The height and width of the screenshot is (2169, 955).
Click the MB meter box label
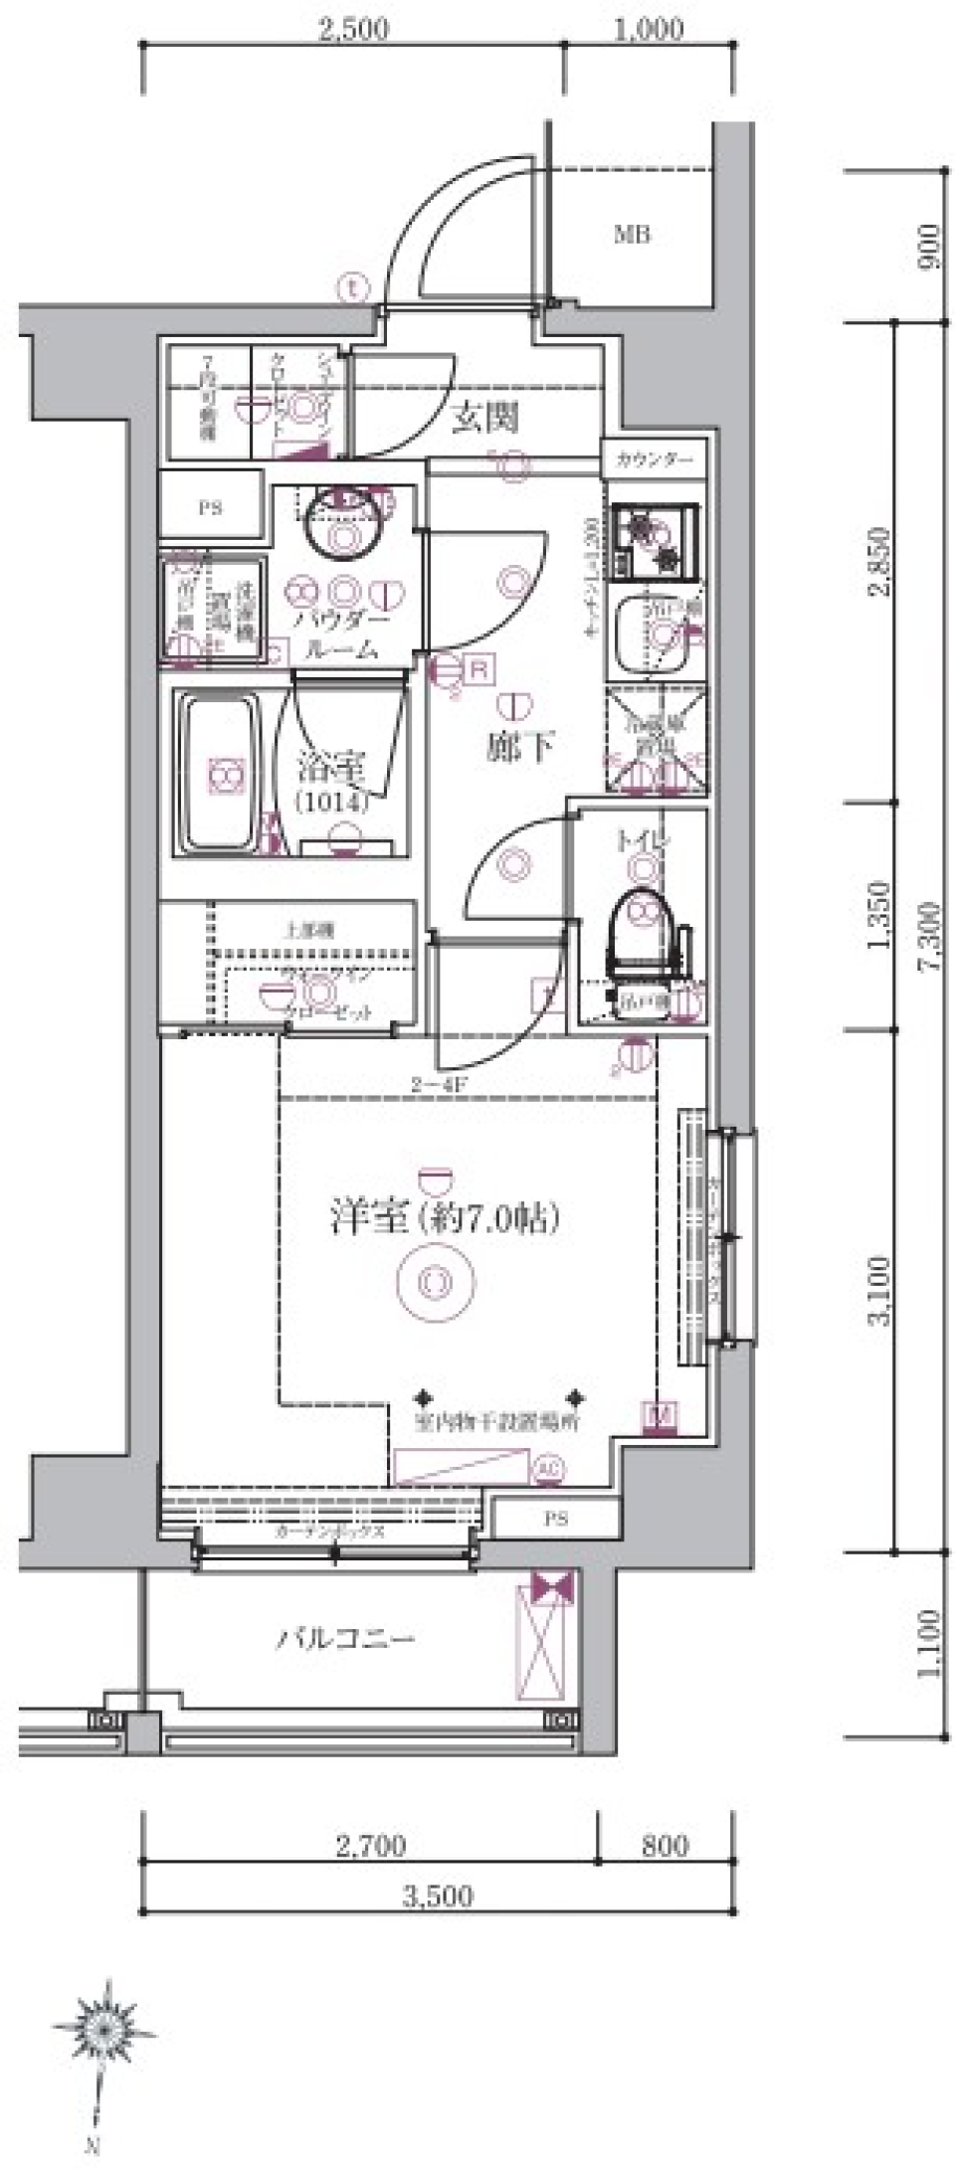[632, 236]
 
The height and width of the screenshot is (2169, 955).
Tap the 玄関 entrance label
[484, 419]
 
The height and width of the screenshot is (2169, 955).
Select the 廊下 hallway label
[519, 746]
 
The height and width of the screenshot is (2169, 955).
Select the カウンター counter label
[655, 459]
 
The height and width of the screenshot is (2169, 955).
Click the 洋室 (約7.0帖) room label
[444, 1218]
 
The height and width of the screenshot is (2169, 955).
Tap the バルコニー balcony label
[344, 1638]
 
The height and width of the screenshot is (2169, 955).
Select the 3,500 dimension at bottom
[438, 1897]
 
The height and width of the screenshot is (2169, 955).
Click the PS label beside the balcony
[556, 1519]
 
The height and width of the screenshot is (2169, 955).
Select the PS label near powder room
[210, 508]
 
